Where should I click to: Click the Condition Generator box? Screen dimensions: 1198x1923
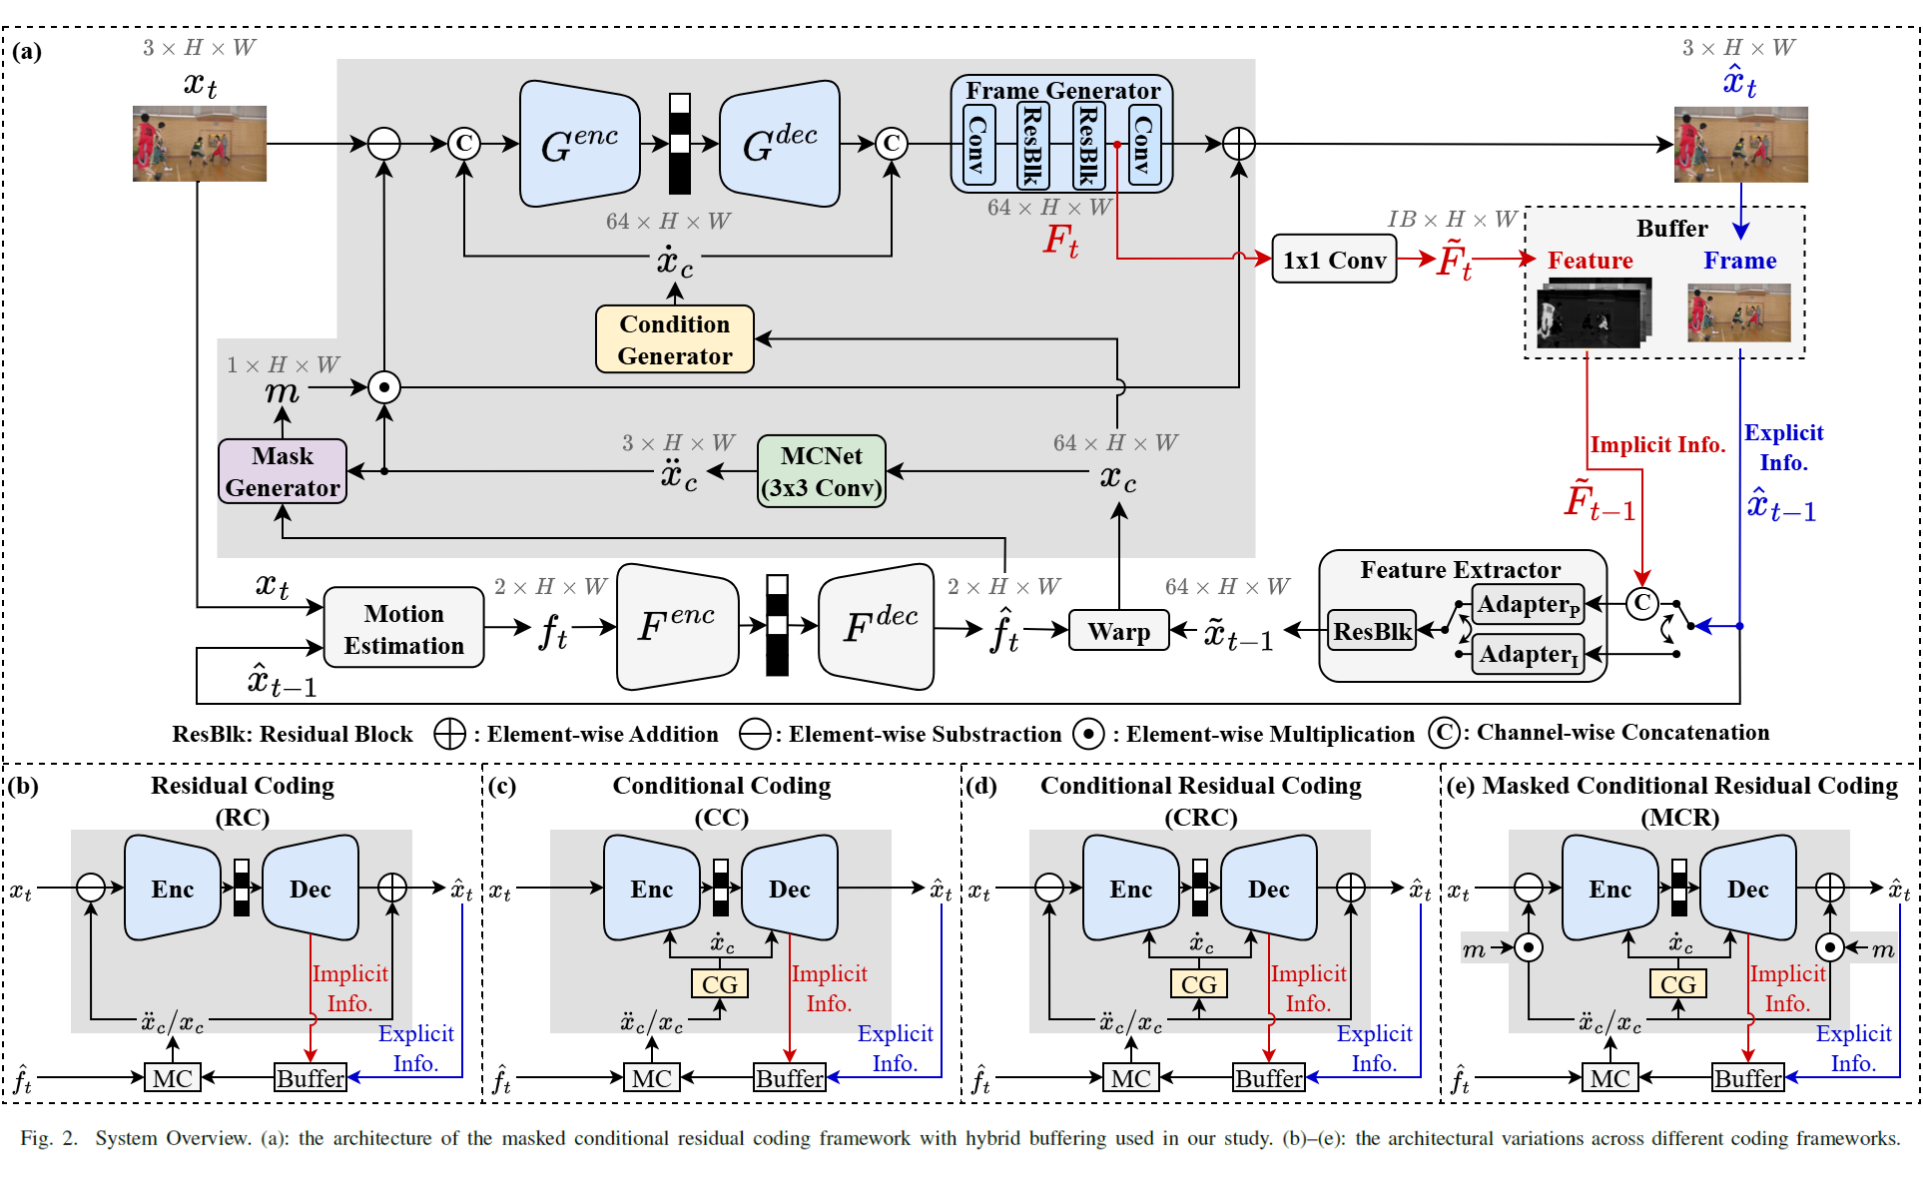[674, 339]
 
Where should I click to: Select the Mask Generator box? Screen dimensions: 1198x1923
[283, 471]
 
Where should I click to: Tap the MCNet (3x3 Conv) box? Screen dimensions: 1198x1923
[821, 471]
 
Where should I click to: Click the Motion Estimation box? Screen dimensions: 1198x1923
[403, 629]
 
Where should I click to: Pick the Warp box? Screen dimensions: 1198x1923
[1118, 631]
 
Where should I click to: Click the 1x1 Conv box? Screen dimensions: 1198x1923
[1334, 260]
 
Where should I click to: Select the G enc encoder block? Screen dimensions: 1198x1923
[579, 144]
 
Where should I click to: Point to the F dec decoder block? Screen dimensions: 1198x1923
[877, 627]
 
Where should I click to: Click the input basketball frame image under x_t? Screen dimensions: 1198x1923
[200, 144]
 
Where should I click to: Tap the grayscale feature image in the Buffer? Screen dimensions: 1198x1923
[1594, 315]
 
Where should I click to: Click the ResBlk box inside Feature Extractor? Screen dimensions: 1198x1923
[1373, 631]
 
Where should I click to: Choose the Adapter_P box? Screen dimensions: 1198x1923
[1528, 604]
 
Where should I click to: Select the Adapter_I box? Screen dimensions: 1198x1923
[1528, 654]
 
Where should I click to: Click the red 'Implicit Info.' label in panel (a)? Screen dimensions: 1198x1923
[1657, 445]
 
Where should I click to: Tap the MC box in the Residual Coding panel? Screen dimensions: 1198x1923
[172, 1078]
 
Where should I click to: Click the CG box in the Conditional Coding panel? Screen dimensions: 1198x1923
[719, 984]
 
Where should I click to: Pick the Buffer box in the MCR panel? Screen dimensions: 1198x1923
[1747, 1078]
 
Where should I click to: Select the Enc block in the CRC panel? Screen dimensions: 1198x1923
[1130, 889]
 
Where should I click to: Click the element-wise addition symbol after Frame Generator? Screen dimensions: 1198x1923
[1238, 144]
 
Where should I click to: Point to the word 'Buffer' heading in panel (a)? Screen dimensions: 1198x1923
[1671, 229]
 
